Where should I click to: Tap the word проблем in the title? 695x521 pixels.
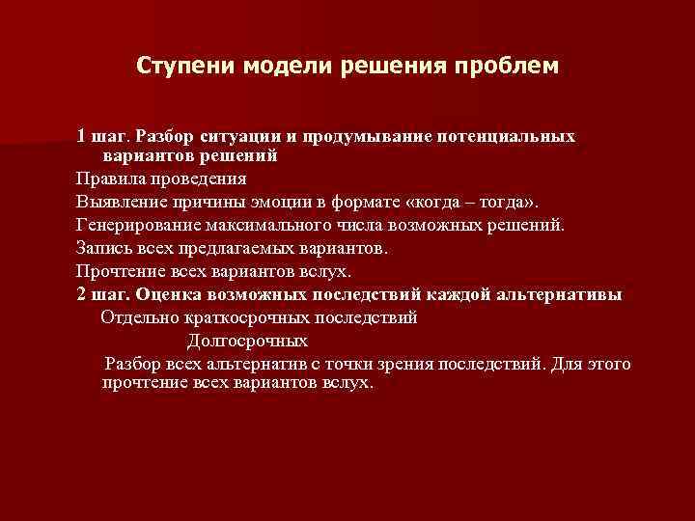[x=512, y=67]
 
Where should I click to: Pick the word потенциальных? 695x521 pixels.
[x=507, y=135]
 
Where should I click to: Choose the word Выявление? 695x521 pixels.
[x=120, y=202]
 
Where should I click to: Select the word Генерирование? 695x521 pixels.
[x=138, y=225]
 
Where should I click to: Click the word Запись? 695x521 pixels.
[x=102, y=248]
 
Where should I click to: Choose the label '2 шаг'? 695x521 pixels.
[x=101, y=294]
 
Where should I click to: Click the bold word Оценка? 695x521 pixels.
[x=167, y=294]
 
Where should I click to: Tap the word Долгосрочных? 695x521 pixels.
[x=247, y=341]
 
